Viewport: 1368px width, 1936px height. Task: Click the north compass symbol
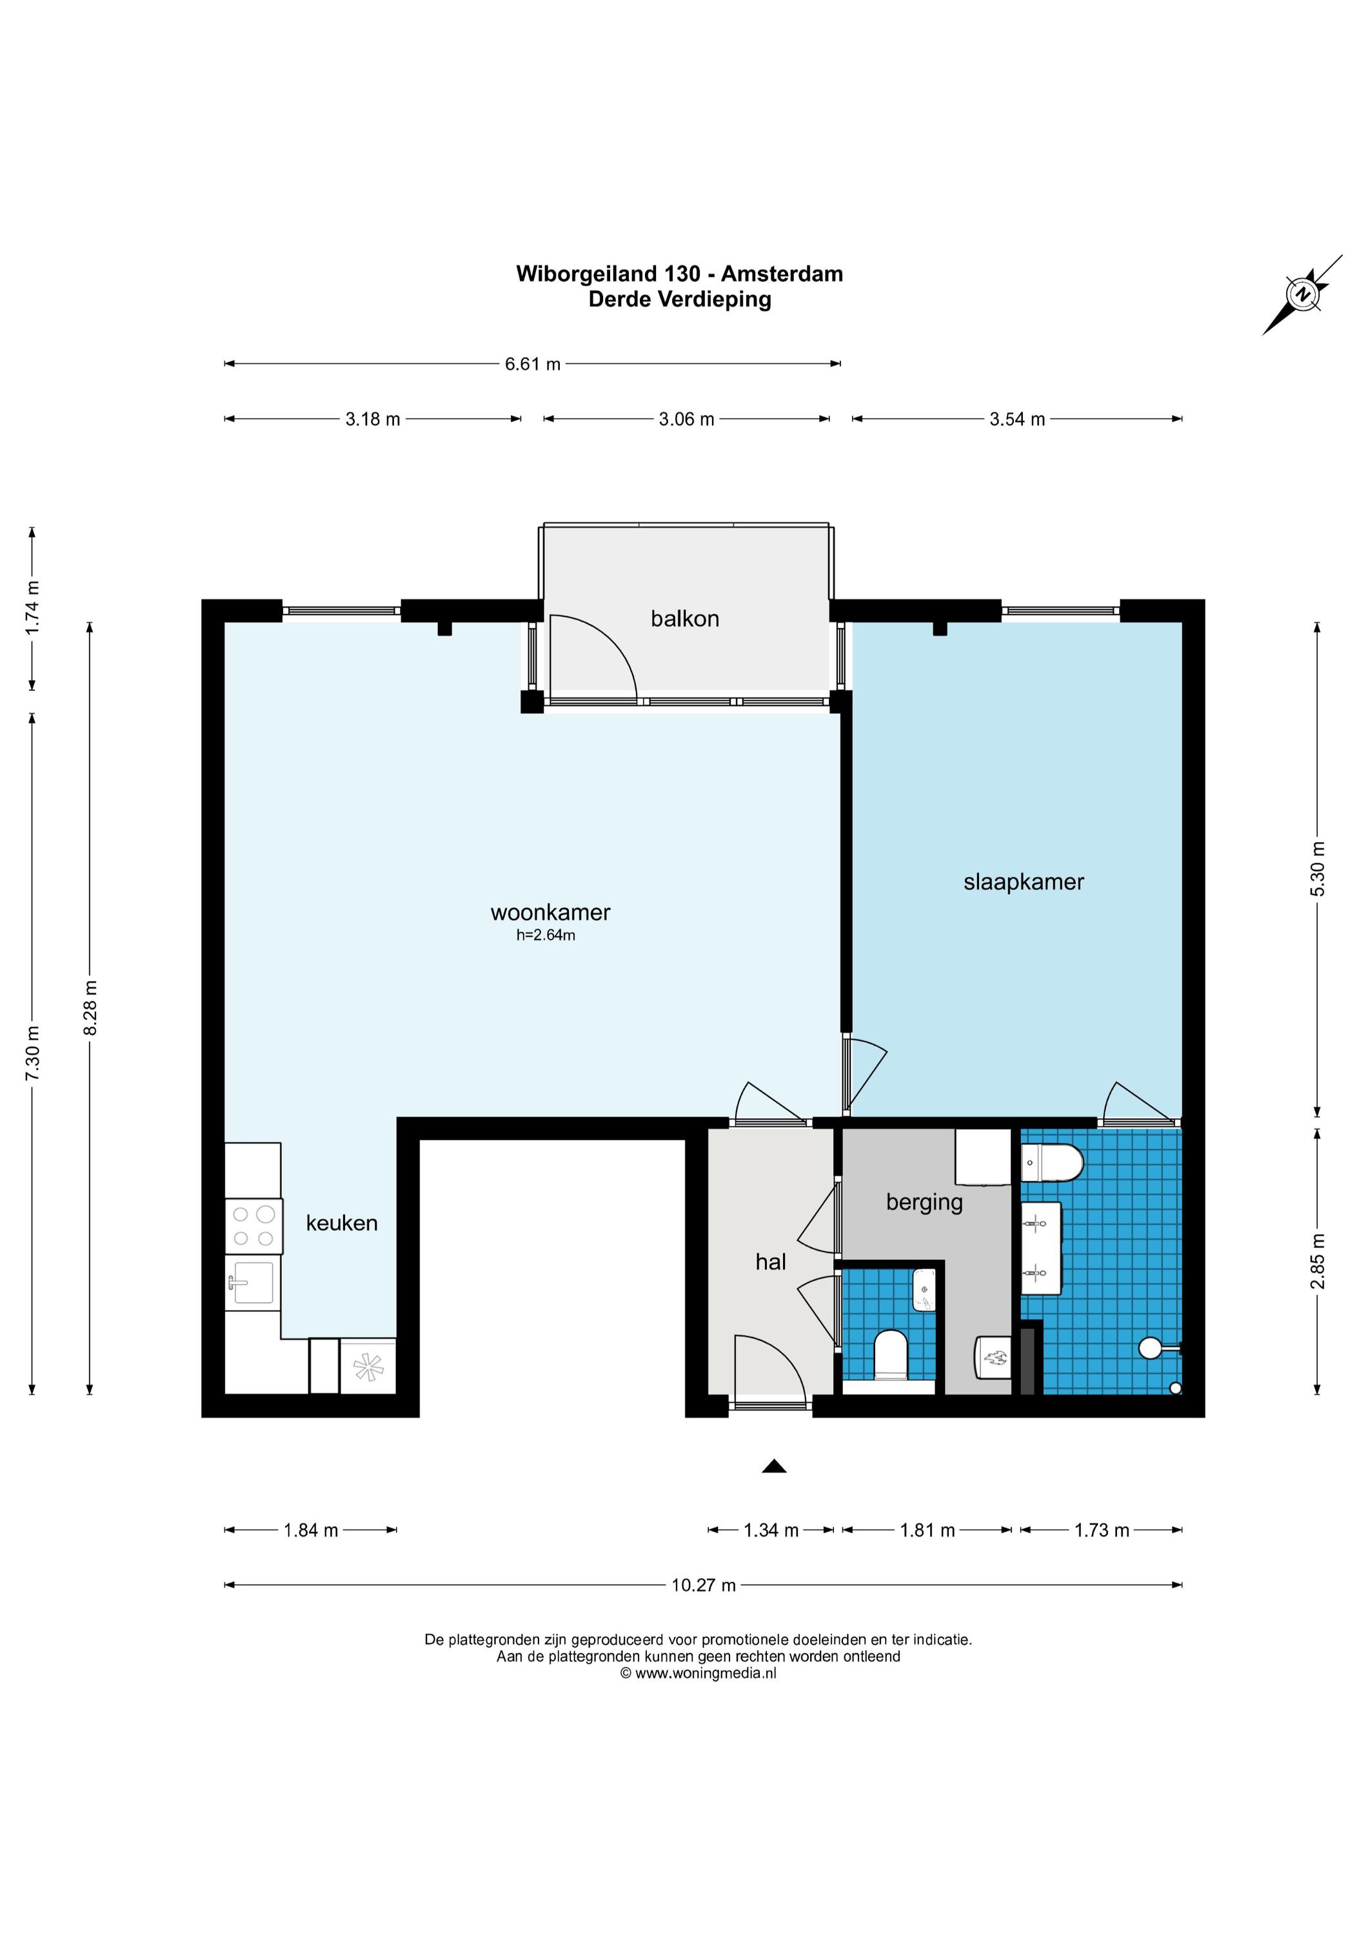tap(1303, 294)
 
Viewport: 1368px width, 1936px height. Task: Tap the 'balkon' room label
tap(684, 619)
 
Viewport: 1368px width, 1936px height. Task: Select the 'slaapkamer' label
tap(1024, 882)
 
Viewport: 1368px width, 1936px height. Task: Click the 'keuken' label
tap(341, 1223)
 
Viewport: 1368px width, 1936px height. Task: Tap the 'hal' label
tap(770, 1262)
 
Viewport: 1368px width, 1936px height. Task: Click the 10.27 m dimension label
tap(703, 1585)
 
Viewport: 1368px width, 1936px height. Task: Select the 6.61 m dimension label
tap(533, 364)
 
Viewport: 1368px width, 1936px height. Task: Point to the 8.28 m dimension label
tap(91, 1007)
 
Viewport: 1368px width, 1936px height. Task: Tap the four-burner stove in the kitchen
tap(253, 1226)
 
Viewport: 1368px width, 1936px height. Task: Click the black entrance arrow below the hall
tap(774, 1466)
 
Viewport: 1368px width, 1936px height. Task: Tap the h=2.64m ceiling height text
tap(546, 934)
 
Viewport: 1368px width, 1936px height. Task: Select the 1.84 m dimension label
tap(310, 1529)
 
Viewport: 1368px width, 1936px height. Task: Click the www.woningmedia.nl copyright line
tap(698, 1674)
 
